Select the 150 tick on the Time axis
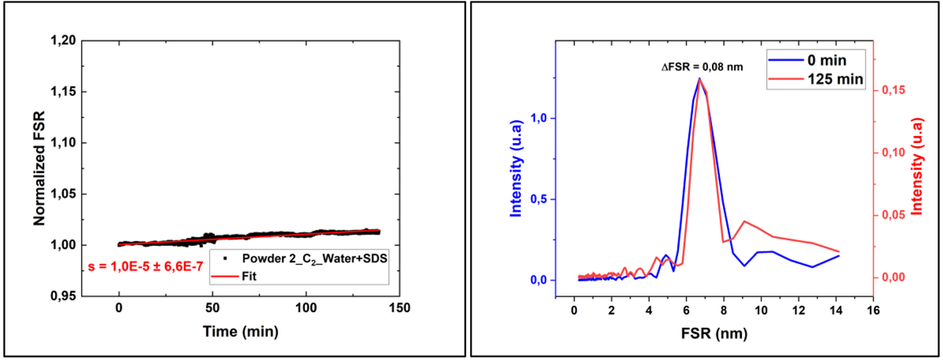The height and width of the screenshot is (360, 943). coord(399,308)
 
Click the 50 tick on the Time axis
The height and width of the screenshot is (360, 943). coord(212,308)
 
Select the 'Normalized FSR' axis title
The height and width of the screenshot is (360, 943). coord(39,168)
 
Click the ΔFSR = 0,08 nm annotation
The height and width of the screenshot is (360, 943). coord(702,68)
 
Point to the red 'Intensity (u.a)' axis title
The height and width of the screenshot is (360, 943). coord(915,168)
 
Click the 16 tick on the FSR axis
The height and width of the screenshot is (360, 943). coord(871,308)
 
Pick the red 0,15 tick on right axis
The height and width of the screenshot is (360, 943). coord(890,90)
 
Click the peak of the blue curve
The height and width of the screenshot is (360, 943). coord(699,78)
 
